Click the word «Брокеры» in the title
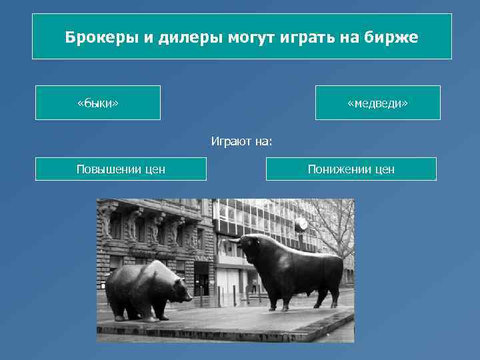[x=101, y=37]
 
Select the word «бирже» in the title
[x=394, y=37]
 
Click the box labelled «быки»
[x=98, y=103]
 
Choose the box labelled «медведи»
[x=377, y=103]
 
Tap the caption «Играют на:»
[x=242, y=141]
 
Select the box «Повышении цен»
[x=121, y=169]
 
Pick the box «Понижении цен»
[x=351, y=169]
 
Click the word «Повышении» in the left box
[x=107, y=169]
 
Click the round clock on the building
[x=301, y=223]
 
